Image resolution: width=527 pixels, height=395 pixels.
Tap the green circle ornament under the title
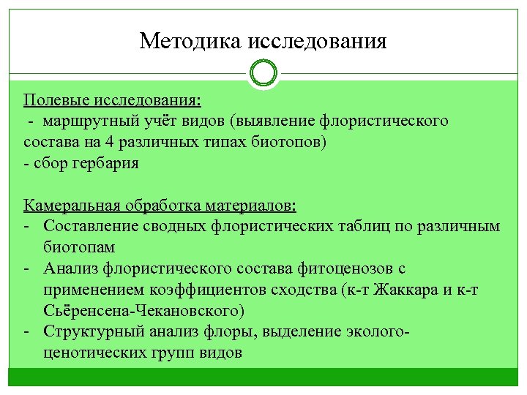click(x=263, y=74)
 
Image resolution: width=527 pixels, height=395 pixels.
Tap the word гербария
click(x=105, y=162)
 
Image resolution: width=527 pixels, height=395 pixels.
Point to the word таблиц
click(x=348, y=225)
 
